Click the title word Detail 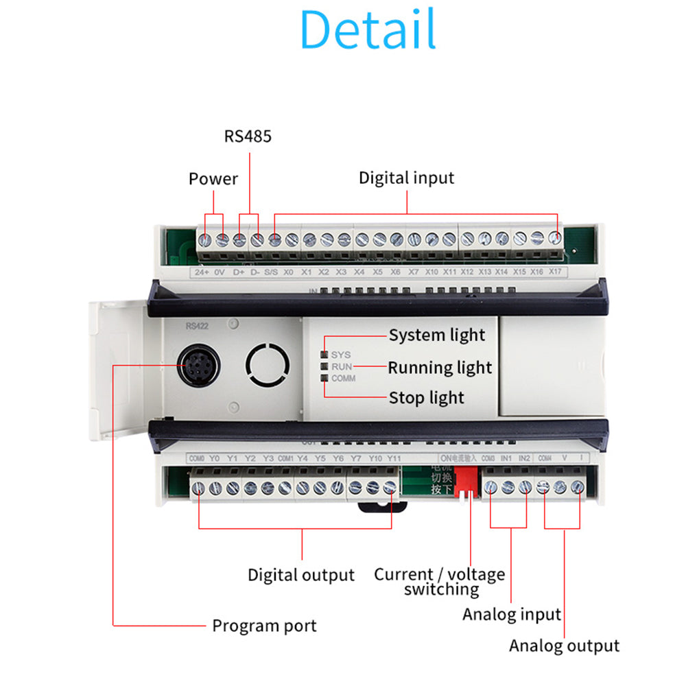click(x=368, y=30)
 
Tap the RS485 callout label click(x=248, y=136)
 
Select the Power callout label click(x=213, y=179)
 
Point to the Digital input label click(x=406, y=178)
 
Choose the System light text click(x=437, y=335)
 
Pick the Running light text click(x=440, y=368)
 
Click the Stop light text click(x=426, y=398)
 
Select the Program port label click(x=264, y=626)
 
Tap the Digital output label click(x=301, y=575)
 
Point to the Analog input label click(x=512, y=614)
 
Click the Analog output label click(x=564, y=646)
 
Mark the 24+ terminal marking click(x=202, y=272)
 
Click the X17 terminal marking click(x=555, y=272)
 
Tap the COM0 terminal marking click(x=196, y=458)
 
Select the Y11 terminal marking click(x=393, y=458)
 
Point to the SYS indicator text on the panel click(x=341, y=355)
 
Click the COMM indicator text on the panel click(x=344, y=378)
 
